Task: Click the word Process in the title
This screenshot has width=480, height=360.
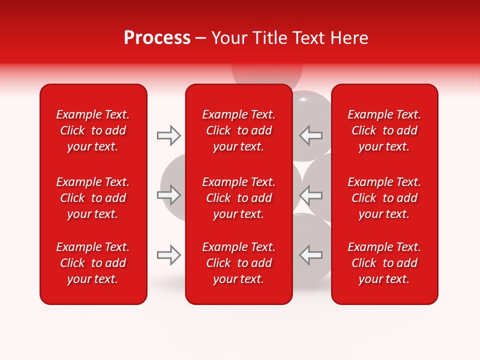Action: [157, 38]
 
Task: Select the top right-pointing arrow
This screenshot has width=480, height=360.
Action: [169, 135]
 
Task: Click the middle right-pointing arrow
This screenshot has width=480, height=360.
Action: [169, 195]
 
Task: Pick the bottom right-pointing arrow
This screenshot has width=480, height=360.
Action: [169, 255]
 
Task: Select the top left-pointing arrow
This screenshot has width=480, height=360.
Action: [310, 135]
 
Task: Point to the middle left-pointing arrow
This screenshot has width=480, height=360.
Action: [310, 195]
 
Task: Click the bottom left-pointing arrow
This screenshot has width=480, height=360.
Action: [310, 255]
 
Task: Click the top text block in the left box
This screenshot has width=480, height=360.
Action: [93, 130]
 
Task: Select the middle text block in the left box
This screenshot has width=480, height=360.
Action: [93, 198]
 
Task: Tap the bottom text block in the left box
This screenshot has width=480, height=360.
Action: [93, 263]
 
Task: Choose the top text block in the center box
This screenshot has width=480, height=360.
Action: [238, 130]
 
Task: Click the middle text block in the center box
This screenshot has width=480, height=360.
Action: [238, 198]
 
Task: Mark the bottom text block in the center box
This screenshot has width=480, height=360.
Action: [238, 263]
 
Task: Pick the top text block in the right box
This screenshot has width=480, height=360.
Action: [384, 130]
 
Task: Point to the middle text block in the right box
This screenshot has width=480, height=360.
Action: [384, 198]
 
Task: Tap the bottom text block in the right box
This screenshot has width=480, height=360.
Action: [384, 263]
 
